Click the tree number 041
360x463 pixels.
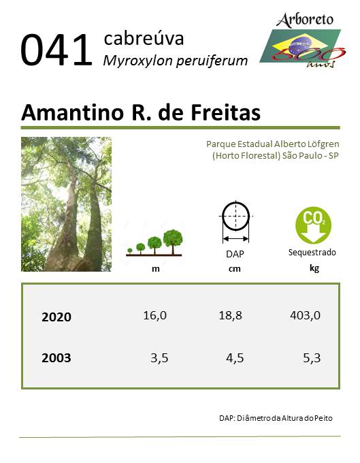point(56,50)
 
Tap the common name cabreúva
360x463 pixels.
point(144,38)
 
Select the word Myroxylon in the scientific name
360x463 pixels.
point(137,61)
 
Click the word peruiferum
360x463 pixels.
point(212,61)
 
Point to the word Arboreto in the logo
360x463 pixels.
point(305,20)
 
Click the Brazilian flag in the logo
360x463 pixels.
point(300,46)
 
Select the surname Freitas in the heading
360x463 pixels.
point(226,112)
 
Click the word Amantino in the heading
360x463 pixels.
point(72,112)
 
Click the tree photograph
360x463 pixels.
point(67,204)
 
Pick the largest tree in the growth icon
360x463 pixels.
point(173,242)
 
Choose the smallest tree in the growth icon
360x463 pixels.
point(129,251)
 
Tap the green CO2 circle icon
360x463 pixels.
point(313,225)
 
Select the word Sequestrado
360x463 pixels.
point(312,253)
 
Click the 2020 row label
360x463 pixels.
point(56,317)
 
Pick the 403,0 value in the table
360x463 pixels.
point(305,315)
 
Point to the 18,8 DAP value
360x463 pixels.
point(230,315)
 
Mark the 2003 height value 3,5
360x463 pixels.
point(159,358)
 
